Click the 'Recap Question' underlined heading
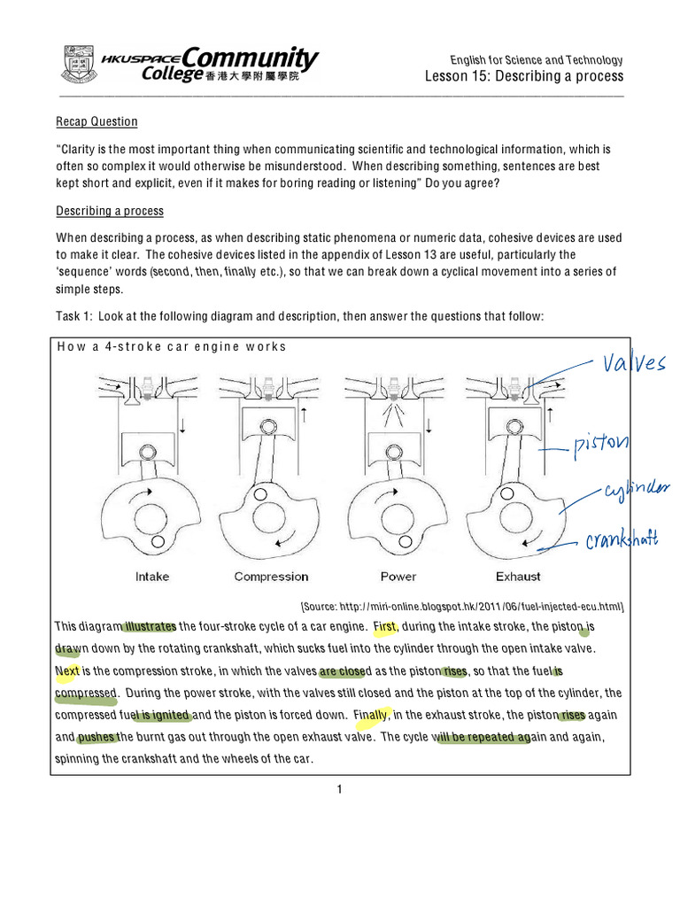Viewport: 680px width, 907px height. tap(97, 121)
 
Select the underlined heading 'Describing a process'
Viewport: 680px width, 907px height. tap(110, 211)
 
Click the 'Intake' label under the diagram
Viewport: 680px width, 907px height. tap(151, 577)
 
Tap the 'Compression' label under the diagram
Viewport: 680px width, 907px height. tap(271, 577)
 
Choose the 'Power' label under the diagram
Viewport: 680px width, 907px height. tap(398, 577)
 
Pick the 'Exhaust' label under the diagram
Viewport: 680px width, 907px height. tap(518, 577)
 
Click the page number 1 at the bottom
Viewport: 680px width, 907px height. tap(339, 791)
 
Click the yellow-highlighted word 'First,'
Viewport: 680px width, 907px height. tap(385, 628)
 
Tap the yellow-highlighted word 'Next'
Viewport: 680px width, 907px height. tap(67, 671)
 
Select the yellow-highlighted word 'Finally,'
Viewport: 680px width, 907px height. tap(371, 714)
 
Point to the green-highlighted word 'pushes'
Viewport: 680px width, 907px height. tap(97, 736)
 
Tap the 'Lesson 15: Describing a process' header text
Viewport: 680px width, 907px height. tap(524, 76)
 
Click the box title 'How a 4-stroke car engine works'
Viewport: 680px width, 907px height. tap(172, 346)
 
